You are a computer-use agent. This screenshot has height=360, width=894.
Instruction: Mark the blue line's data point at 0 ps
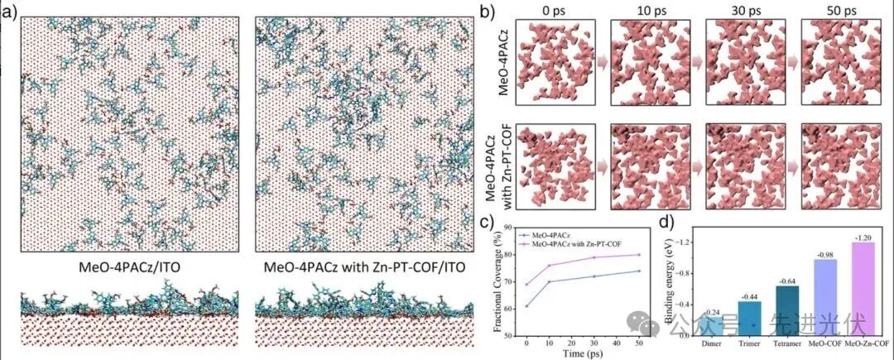coord(527,306)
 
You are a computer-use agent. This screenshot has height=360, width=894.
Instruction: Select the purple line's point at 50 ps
coord(638,255)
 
